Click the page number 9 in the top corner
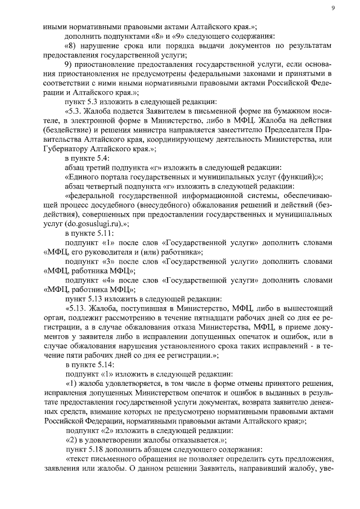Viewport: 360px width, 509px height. point(333,7)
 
